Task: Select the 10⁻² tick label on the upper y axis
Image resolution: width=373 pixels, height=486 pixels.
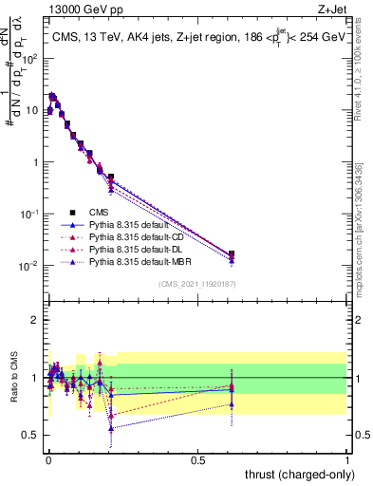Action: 30,265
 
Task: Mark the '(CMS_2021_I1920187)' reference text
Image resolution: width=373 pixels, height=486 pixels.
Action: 196,284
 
